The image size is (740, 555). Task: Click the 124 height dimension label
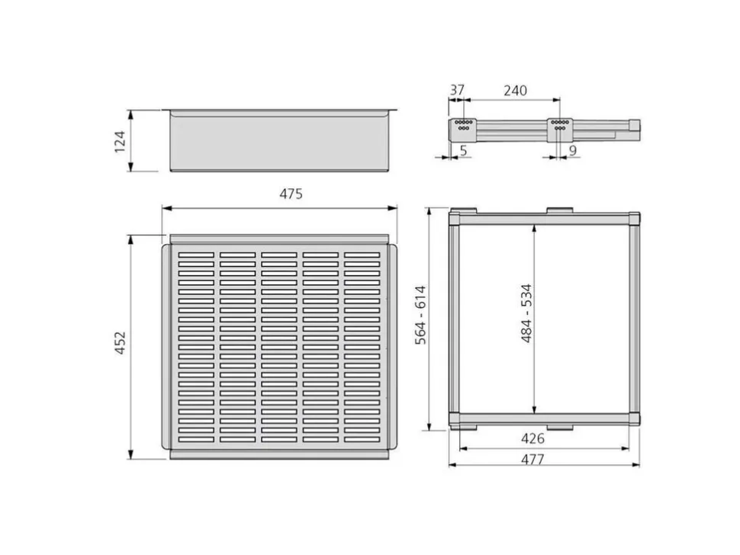tap(121, 142)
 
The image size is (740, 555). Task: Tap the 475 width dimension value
tap(291, 194)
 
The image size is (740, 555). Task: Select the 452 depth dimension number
tap(121, 343)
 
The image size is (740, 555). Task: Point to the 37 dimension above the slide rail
tap(457, 90)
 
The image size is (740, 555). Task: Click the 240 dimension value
tap(515, 90)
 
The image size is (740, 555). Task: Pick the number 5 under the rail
tap(463, 150)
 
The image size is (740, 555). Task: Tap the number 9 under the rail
tap(573, 150)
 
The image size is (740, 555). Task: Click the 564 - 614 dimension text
tap(420, 315)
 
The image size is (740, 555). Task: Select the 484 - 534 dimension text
tap(526, 313)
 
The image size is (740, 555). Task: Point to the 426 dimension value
tap(532, 438)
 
